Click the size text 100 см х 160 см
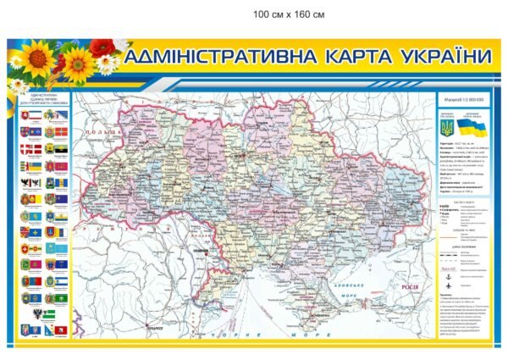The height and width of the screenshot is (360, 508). tap(289, 14)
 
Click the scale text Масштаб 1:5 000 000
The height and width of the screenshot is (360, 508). tap(462, 101)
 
